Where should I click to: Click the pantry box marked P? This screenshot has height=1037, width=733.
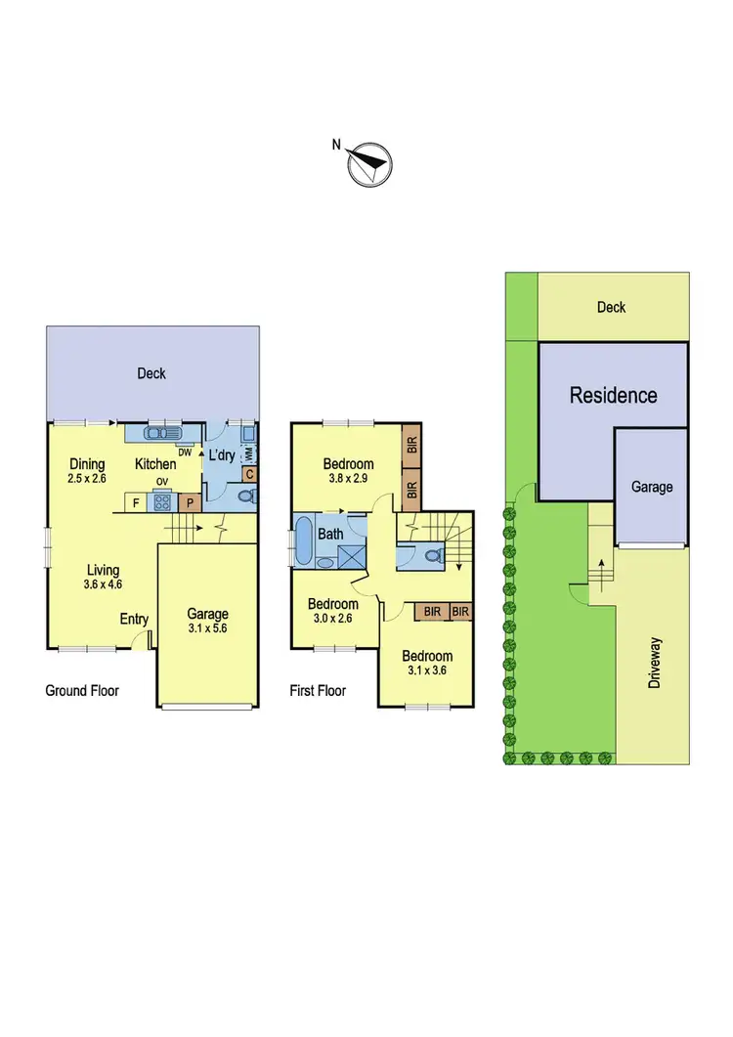click(191, 504)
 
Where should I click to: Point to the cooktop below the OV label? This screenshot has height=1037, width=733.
click(162, 504)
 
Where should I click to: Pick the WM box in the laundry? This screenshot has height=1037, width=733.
click(249, 454)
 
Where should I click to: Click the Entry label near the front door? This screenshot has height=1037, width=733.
click(134, 619)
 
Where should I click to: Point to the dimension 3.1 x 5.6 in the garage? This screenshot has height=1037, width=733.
click(207, 629)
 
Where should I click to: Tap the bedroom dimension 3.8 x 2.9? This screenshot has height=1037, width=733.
click(349, 479)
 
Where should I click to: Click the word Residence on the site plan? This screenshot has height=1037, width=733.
click(613, 396)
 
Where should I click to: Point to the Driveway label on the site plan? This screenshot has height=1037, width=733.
click(655, 664)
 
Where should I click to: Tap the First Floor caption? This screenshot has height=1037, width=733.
click(319, 691)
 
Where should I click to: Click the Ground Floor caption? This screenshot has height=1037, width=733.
click(82, 691)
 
